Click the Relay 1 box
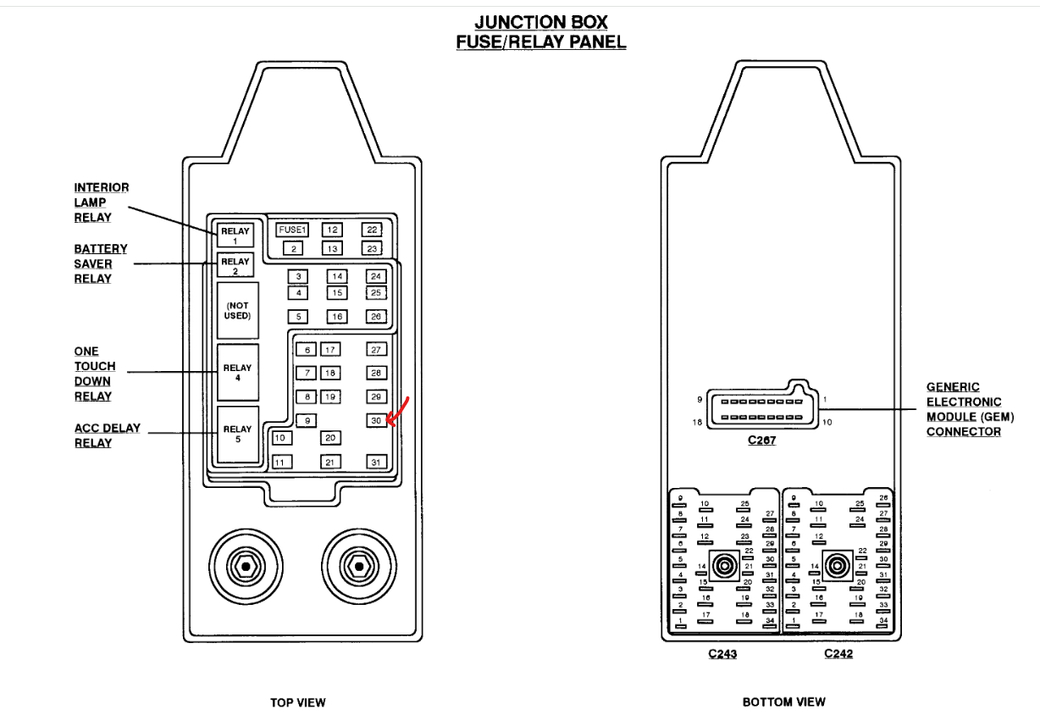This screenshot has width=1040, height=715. [x=235, y=236]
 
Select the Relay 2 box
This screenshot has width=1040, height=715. [x=235, y=266]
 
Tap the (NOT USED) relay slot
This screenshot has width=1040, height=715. [x=237, y=310]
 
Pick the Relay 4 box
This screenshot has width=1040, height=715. [x=237, y=374]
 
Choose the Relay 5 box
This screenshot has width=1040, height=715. [x=237, y=435]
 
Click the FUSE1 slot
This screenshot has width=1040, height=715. [x=292, y=230]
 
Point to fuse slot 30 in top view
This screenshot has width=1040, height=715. [x=377, y=420]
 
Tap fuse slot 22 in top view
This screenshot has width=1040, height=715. [x=372, y=230]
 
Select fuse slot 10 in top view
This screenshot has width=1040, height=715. [x=281, y=438]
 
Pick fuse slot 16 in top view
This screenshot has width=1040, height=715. [x=337, y=316]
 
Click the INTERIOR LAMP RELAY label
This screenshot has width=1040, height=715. [x=102, y=202]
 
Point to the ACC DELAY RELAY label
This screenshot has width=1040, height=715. [x=107, y=435]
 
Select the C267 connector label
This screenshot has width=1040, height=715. [x=761, y=441]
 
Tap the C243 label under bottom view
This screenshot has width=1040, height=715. [x=722, y=655]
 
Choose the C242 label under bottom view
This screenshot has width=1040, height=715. [x=838, y=655]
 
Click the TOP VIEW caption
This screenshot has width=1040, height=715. [x=297, y=702]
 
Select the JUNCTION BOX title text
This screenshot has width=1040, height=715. [x=541, y=22]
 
